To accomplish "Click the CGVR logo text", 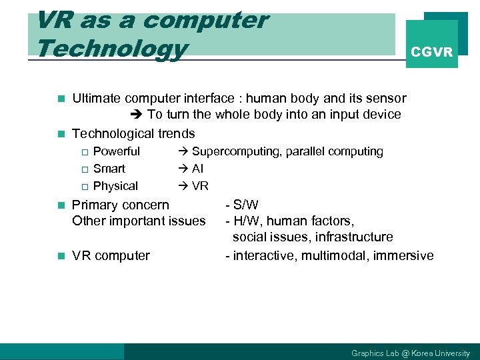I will tap(432, 52).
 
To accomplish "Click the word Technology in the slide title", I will tap(111, 48).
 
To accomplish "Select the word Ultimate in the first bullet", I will tap(96, 99).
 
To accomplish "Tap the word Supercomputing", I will tap(237, 151).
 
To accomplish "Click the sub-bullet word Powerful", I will tap(117, 151).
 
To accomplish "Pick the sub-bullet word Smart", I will tap(109, 169).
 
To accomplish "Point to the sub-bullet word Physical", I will tap(115, 186).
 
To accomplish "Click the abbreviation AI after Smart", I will tap(198, 169).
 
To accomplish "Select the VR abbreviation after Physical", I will tap(200, 186).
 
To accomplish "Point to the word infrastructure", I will tap(354, 237).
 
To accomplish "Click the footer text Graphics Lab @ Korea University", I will tap(410, 353).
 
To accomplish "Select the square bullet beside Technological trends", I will tap(61, 134).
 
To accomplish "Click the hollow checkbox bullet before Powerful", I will tap(84, 152).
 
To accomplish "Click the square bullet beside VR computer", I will tap(61, 256).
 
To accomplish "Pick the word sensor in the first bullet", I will tap(387, 99).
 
